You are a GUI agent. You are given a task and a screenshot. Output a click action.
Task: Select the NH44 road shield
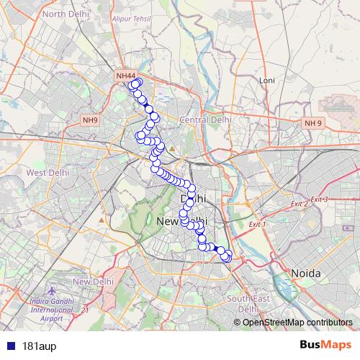[126, 75]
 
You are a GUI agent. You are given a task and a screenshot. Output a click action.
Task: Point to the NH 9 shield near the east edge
[313, 123]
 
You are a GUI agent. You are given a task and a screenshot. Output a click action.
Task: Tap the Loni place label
[267, 80]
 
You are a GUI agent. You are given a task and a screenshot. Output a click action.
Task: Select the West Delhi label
[47, 173]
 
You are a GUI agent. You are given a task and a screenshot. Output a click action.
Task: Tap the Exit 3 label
[319, 199]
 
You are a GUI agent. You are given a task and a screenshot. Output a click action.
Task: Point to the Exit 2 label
[299, 204]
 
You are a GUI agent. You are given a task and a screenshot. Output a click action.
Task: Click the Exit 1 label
[257, 225]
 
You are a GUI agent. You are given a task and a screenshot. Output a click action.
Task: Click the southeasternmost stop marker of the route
[227, 257]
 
